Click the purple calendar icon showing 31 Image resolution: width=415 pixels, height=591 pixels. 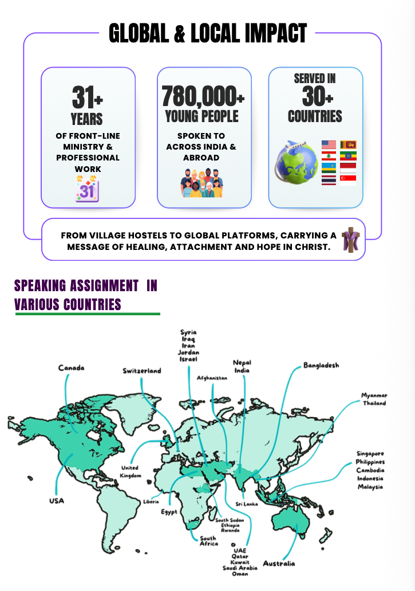click(87, 189)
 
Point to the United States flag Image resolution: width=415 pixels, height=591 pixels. click(329, 144)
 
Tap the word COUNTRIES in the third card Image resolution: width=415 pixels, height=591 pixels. click(315, 117)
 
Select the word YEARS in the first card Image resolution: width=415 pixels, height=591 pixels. click(87, 119)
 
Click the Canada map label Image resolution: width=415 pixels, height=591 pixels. click(71, 367)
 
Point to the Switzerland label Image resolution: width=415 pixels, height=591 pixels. click(142, 371)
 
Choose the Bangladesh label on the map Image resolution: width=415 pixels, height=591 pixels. click(321, 365)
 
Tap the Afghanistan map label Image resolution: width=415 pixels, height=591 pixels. click(212, 378)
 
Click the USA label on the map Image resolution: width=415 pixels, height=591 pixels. click(57, 501)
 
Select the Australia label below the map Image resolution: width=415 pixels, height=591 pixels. click(279, 563)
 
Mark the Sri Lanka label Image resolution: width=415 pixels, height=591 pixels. click(247, 504)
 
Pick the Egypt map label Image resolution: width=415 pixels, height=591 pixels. click(169, 511)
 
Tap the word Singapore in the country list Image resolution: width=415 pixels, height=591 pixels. click(370, 453)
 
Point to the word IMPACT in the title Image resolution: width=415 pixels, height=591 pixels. click(273, 33)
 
